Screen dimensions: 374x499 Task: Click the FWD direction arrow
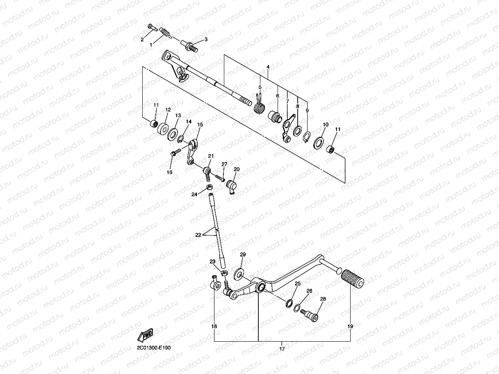[x=146, y=335]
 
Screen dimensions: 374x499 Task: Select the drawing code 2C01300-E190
[x=154, y=347]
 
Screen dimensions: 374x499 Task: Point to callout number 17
[x=282, y=348]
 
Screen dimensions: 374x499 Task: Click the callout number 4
[x=267, y=66]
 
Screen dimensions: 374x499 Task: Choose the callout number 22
[x=198, y=235]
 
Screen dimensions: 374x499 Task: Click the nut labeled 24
[x=209, y=187]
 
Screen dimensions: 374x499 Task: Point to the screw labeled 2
[x=153, y=28]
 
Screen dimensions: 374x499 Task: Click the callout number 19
[x=350, y=326]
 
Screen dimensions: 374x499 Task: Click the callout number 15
[x=200, y=125]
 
